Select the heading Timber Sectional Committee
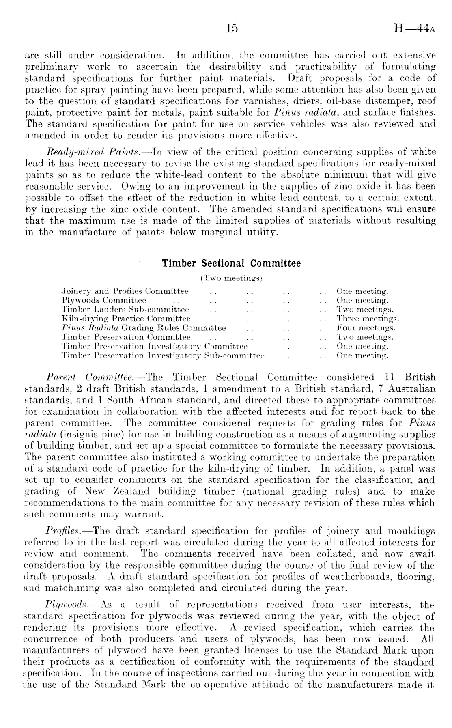point(231,263)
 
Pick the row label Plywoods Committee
point(104,301)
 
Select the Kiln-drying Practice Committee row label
point(126,319)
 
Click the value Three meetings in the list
point(368,319)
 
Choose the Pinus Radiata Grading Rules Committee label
point(144,328)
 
